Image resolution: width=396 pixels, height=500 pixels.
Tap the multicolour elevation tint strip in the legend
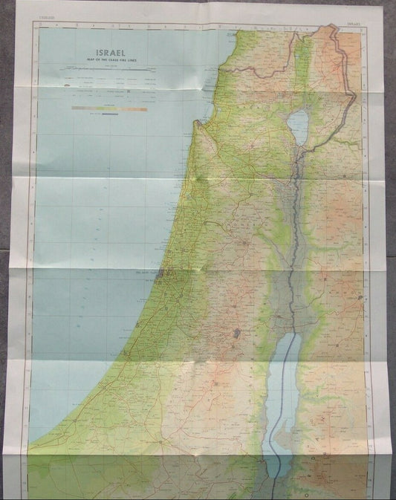[109, 108]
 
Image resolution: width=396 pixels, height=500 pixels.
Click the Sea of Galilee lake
[296, 125]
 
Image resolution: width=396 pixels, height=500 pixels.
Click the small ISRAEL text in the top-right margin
[355, 25]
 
